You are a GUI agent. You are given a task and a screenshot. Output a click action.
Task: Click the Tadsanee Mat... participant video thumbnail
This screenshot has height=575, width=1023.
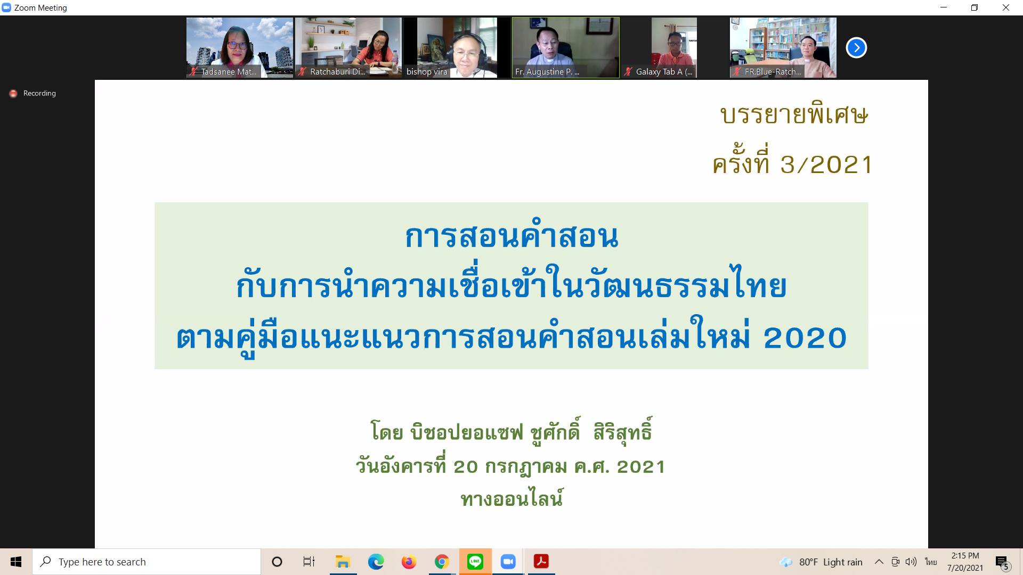[x=240, y=48]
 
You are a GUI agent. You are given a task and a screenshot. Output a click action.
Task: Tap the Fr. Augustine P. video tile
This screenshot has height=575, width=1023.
[x=566, y=48]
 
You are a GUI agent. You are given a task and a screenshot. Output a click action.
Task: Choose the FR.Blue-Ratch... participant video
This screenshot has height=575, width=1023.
[x=783, y=48]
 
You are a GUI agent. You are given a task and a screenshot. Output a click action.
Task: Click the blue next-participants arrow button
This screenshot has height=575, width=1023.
[x=856, y=48]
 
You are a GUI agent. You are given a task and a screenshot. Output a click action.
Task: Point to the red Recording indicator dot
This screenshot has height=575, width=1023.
[x=13, y=94]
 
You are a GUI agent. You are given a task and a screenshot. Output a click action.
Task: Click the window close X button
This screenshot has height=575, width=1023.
[x=1006, y=7]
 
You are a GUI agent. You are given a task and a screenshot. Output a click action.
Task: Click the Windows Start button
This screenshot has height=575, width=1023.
[x=16, y=562]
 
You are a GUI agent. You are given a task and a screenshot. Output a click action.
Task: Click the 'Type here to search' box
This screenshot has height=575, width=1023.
[x=147, y=562]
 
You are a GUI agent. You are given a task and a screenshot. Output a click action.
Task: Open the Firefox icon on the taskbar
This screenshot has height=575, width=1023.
[x=409, y=562]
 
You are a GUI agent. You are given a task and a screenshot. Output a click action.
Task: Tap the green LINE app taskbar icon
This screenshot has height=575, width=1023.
[x=475, y=562]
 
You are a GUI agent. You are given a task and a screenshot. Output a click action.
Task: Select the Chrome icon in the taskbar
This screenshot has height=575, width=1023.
[x=442, y=562]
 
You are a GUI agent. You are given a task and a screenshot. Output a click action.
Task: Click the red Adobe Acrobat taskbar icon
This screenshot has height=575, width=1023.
[x=541, y=562]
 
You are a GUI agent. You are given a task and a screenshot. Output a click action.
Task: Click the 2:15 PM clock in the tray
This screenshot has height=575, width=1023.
[x=965, y=556]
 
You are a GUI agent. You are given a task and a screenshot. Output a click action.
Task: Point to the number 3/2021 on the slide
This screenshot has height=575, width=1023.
[x=826, y=165]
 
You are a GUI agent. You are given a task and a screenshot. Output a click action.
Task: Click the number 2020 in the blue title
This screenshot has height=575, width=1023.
[x=805, y=338]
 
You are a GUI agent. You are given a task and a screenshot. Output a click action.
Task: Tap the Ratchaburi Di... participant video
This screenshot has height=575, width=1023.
[x=348, y=48]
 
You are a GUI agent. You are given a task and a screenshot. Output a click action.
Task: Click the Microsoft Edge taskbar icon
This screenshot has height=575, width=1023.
[x=376, y=562]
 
